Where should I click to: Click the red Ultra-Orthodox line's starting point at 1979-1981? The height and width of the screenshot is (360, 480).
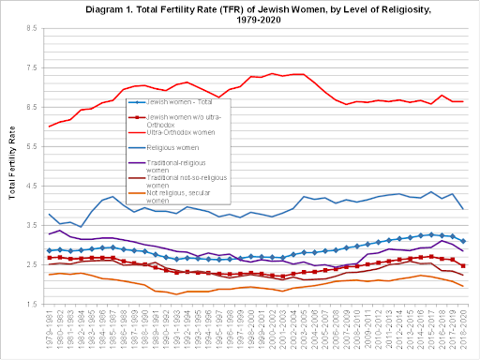[x=49, y=127]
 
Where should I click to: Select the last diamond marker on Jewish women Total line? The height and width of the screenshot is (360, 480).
[x=463, y=241]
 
